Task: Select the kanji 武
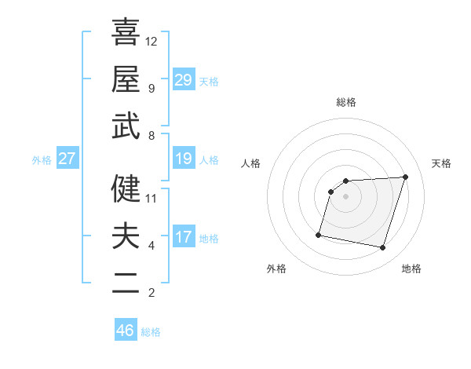tap(126, 126)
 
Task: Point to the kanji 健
tap(126, 189)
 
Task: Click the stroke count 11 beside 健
tap(152, 199)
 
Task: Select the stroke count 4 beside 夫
tap(152, 246)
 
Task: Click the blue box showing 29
tap(184, 80)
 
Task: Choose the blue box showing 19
tap(184, 159)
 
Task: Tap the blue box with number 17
tap(184, 237)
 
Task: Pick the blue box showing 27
tap(68, 159)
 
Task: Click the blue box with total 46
tap(126, 331)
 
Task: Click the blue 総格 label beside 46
tap(151, 332)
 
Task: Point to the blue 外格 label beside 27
tap(42, 159)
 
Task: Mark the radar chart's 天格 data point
tap(405, 177)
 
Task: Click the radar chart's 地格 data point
tap(383, 248)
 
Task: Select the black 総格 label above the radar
tap(346, 102)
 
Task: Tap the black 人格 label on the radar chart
tap(251, 163)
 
